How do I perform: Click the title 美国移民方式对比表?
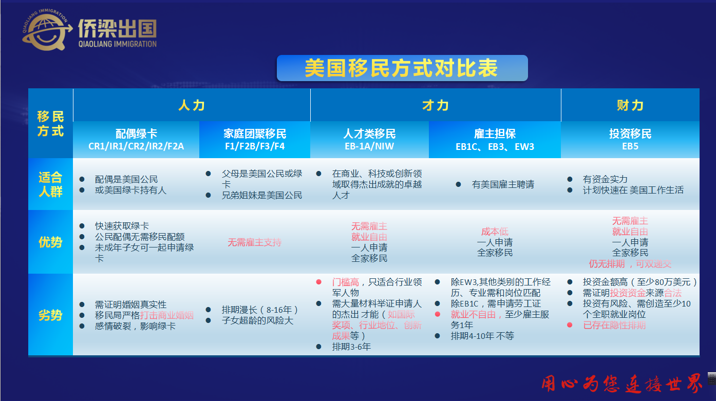tap(402, 68)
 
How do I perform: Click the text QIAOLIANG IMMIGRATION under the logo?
tap(118, 44)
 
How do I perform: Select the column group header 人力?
tap(192, 105)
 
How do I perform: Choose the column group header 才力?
tap(436, 105)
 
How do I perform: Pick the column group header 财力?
tap(630, 105)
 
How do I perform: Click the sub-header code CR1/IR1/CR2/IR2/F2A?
tap(136, 146)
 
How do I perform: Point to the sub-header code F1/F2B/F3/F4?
tap(255, 146)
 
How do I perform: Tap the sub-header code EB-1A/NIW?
tap(369, 146)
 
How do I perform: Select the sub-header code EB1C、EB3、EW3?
tap(495, 147)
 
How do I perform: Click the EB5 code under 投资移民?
tap(630, 146)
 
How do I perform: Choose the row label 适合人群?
tap(50, 184)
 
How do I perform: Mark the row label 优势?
tap(50, 242)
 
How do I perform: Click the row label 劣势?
tap(50, 315)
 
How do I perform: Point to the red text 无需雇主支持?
tap(254, 242)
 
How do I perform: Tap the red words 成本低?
tap(495, 232)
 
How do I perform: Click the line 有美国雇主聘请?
tap(503, 184)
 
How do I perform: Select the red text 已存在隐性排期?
tap(614, 326)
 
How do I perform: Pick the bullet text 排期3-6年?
tap(351, 347)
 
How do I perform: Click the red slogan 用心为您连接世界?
tap(621, 384)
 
